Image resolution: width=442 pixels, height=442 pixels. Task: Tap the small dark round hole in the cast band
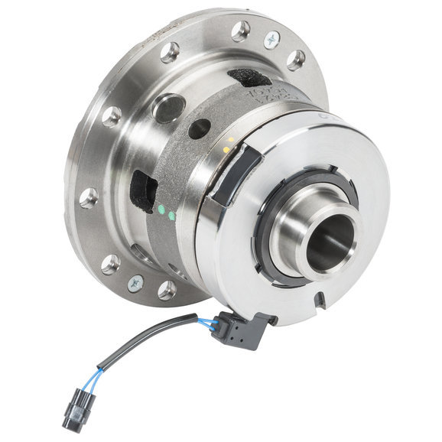[x=200, y=128]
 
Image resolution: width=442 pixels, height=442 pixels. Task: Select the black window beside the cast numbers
[x=249, y=76]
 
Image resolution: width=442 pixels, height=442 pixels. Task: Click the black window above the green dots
[x=143, y=190]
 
